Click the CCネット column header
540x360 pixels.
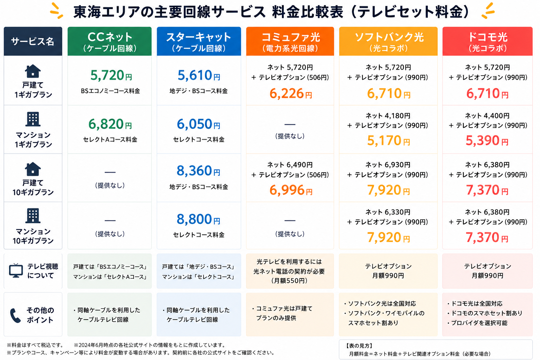pos(109,41)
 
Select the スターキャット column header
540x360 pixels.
pos(199,41)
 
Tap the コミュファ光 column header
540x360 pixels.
pos(290,41)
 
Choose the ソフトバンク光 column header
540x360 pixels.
pos(388,41)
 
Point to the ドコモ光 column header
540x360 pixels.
pos(487,41)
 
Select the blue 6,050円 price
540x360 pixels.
pos(198,124)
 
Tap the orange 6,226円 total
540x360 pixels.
pos(290,94)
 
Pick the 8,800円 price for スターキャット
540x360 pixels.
pos(198,219)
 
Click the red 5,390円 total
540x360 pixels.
pos(487,141)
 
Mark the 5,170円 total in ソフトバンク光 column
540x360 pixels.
pos(388,141)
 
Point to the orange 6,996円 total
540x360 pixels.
pos(291,190)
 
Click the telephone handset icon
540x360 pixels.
pos(15,315)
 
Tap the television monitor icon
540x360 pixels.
pos(16,271)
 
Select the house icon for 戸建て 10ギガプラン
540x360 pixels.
pos(33,169)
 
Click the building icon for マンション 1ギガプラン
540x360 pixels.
pos(33,119)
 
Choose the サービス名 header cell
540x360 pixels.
pos(33,41)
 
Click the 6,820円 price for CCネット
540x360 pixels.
pos(110,124)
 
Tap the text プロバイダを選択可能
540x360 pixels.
pos(479,323)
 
